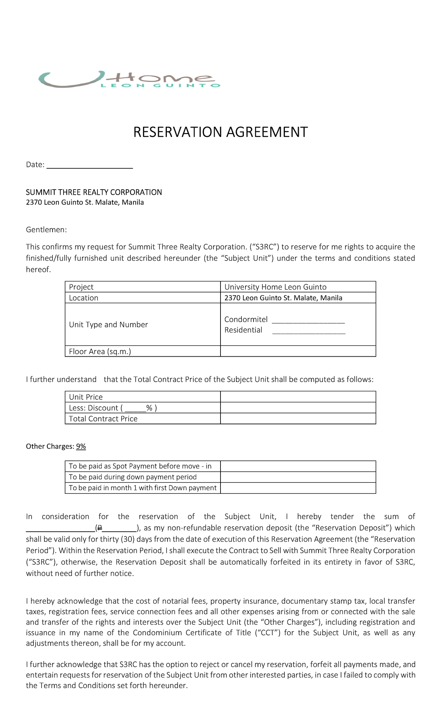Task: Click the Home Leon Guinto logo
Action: point(129,79)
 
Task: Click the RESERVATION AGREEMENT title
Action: point(220,132)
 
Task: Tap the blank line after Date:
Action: point(90,165)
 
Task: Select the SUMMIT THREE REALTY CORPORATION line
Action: point(94,192)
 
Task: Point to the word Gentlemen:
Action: point(46,230)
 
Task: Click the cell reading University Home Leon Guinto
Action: point(275,287)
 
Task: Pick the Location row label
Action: point(83,298)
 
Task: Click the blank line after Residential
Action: point(308,331)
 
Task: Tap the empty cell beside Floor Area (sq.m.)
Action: point(298,351)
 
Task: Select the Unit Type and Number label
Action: point(108,324)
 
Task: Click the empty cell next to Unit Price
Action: point(298,397)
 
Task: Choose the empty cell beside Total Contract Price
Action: point(298,418)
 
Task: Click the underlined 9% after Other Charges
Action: point(81,446)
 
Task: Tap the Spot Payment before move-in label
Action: point(140,466)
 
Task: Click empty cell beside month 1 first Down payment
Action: point(298,488)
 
